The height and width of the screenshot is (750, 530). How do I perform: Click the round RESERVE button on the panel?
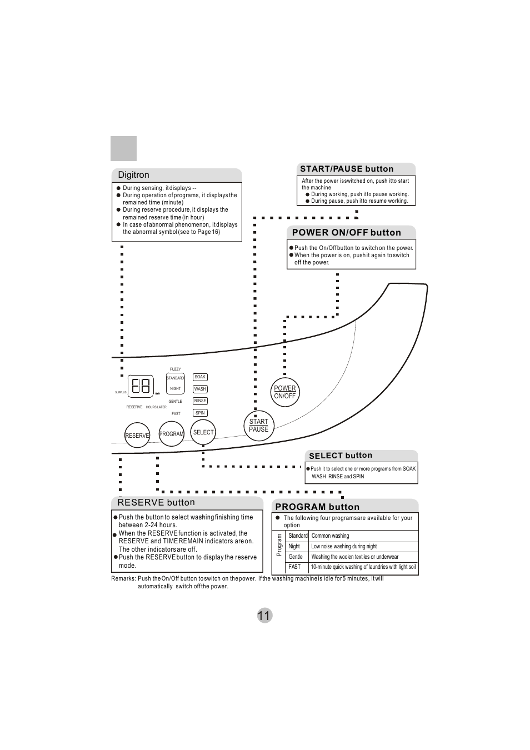click(x=137, y=436)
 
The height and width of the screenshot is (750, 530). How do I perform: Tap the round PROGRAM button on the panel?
click(x=171, y=434)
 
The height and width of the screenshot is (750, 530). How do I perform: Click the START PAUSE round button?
click(x=259, y=426)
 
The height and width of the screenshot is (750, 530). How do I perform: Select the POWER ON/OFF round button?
click(x=285, y=392)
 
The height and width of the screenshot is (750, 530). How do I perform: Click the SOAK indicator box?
click(x=200, y=377)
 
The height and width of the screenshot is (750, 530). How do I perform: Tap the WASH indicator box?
click(x=200, y=389)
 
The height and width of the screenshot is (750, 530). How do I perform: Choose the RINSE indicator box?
click(x=200, y=401)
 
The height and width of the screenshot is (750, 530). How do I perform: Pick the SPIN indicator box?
click(x=200, y=413)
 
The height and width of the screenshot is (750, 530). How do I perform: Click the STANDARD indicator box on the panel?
click(x=175, y=378)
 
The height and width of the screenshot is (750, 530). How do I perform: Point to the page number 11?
click(x=264, y=616)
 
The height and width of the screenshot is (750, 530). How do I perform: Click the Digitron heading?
click(x=134, y=175)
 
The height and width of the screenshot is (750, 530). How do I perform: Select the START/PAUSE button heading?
click(x=347, y=169)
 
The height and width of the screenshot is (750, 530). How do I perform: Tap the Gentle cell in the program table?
click(x=296, y=557)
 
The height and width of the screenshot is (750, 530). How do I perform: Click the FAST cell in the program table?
click(x=294, y=567)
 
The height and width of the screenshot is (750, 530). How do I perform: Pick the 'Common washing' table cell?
click(x=330, y=536)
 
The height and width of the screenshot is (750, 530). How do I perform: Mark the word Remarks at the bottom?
click(x=123, y=579)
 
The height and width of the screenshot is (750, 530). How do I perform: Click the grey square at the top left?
click(x=123, y=149)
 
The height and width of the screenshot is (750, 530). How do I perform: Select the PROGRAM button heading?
click(x=317, y=507)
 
